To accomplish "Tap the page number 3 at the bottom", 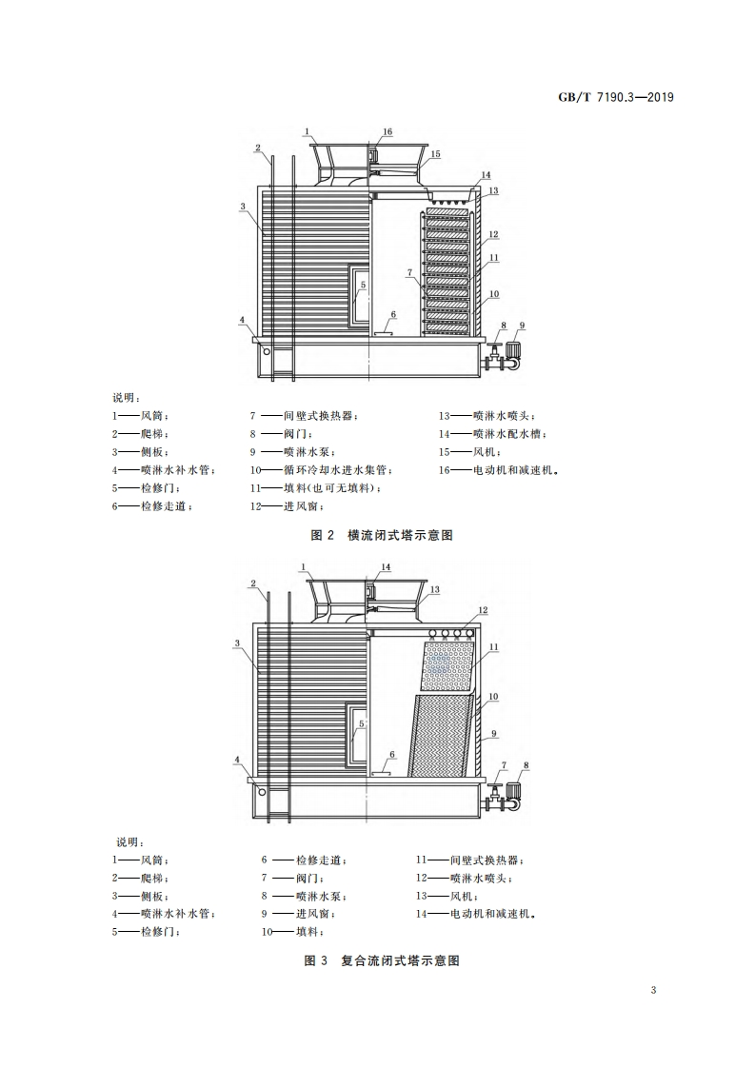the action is click(653, 990).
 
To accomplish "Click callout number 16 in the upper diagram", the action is click(387, 131).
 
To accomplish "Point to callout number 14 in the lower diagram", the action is click(386, 567).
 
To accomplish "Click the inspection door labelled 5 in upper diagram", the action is click(359, 297).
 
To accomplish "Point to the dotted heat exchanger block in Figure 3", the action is click(449, 665).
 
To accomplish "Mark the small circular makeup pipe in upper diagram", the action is click(267, 351).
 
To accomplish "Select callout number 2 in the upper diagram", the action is click(257, 148).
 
